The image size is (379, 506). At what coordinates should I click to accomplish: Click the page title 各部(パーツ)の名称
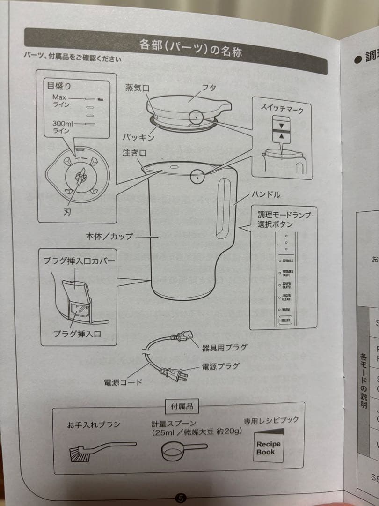pos(190,48)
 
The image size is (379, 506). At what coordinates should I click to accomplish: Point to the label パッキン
pos(138,138)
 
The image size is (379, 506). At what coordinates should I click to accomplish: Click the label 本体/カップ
pos(108,237)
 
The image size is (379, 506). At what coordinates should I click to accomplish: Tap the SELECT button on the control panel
pos(285,320)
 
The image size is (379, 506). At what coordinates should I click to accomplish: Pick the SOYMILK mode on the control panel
pos(287,261)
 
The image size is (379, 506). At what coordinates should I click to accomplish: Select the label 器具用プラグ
pos(224,348)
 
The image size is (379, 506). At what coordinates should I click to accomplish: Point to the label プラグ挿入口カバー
pos(80,260)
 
